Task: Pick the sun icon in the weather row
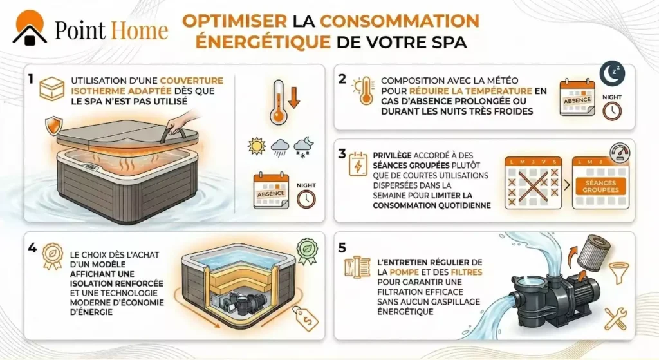click(257, 146)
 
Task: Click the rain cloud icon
click(279, 147)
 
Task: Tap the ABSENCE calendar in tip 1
click(270, 189)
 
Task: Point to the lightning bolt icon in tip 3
click(355, 166)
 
